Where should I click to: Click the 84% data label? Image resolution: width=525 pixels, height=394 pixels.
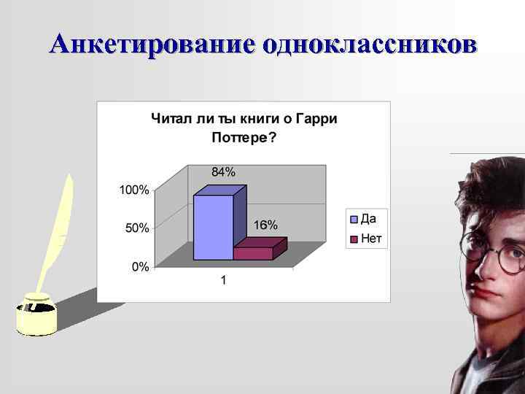[x=223, y=172]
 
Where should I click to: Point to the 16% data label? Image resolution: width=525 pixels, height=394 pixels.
[x=265, y=225]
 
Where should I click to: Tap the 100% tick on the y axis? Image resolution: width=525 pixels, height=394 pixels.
[x=134, y=190]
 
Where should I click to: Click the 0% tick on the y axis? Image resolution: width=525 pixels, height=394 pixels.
[x=140, y=267]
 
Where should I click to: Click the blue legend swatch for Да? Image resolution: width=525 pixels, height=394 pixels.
[x=354, y=218]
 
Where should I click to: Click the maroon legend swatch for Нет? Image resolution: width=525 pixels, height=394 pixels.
[x=354, y=238]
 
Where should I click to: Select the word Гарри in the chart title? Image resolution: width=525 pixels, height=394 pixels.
[x=319, y=118]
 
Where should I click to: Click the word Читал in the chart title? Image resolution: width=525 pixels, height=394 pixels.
[x=169, y=118]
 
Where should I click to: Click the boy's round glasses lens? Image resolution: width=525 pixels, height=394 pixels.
[x=510, y=258]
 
